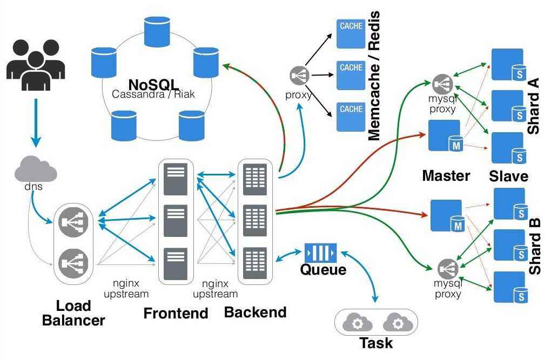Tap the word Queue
[323, 269]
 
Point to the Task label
[376, 343]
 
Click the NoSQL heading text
[153, 85]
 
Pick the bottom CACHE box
[351, 117]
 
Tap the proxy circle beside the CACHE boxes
[299, 76]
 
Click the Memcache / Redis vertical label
[374, 76]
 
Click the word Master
[446, 175]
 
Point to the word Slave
[508, 176]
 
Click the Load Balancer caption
[73, 313]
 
